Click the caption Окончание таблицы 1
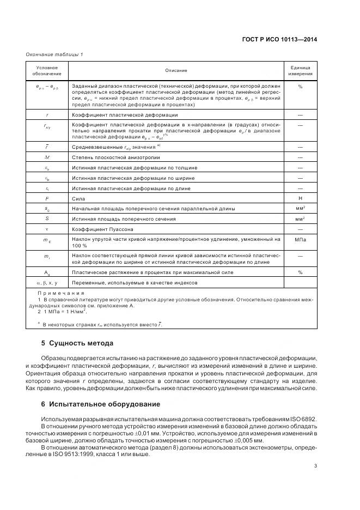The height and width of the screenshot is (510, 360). point(54,54)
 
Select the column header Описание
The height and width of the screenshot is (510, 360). point(176,70)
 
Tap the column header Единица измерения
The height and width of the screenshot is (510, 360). point(300,70)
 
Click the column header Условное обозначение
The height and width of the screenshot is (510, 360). point(47,70)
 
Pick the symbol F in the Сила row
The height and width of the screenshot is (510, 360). point(47,199)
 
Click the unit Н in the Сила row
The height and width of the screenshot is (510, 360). point(300,199)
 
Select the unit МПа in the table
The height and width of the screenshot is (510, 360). point(300,239)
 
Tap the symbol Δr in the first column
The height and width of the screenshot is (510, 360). point(47,157)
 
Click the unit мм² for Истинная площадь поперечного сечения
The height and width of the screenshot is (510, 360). point(300,219)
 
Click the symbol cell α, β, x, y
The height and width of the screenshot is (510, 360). point(47,283)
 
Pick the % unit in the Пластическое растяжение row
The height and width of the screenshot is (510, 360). point(300,272)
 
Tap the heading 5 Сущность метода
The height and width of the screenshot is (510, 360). point(77,343)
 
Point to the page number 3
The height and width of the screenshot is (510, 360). point(315,465)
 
